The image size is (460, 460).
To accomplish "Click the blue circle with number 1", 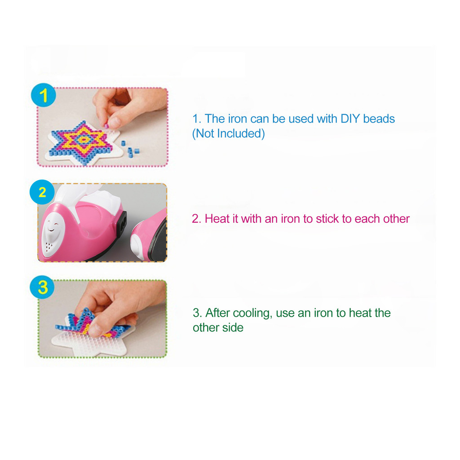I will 44,95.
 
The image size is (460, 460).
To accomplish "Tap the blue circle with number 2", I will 42,192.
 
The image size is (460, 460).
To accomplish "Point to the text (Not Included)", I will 229,133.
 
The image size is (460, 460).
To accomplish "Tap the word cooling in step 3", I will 252,313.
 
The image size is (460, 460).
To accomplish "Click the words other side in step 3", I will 218,327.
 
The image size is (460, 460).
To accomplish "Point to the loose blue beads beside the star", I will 130,150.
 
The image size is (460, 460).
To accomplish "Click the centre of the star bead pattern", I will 83,141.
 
